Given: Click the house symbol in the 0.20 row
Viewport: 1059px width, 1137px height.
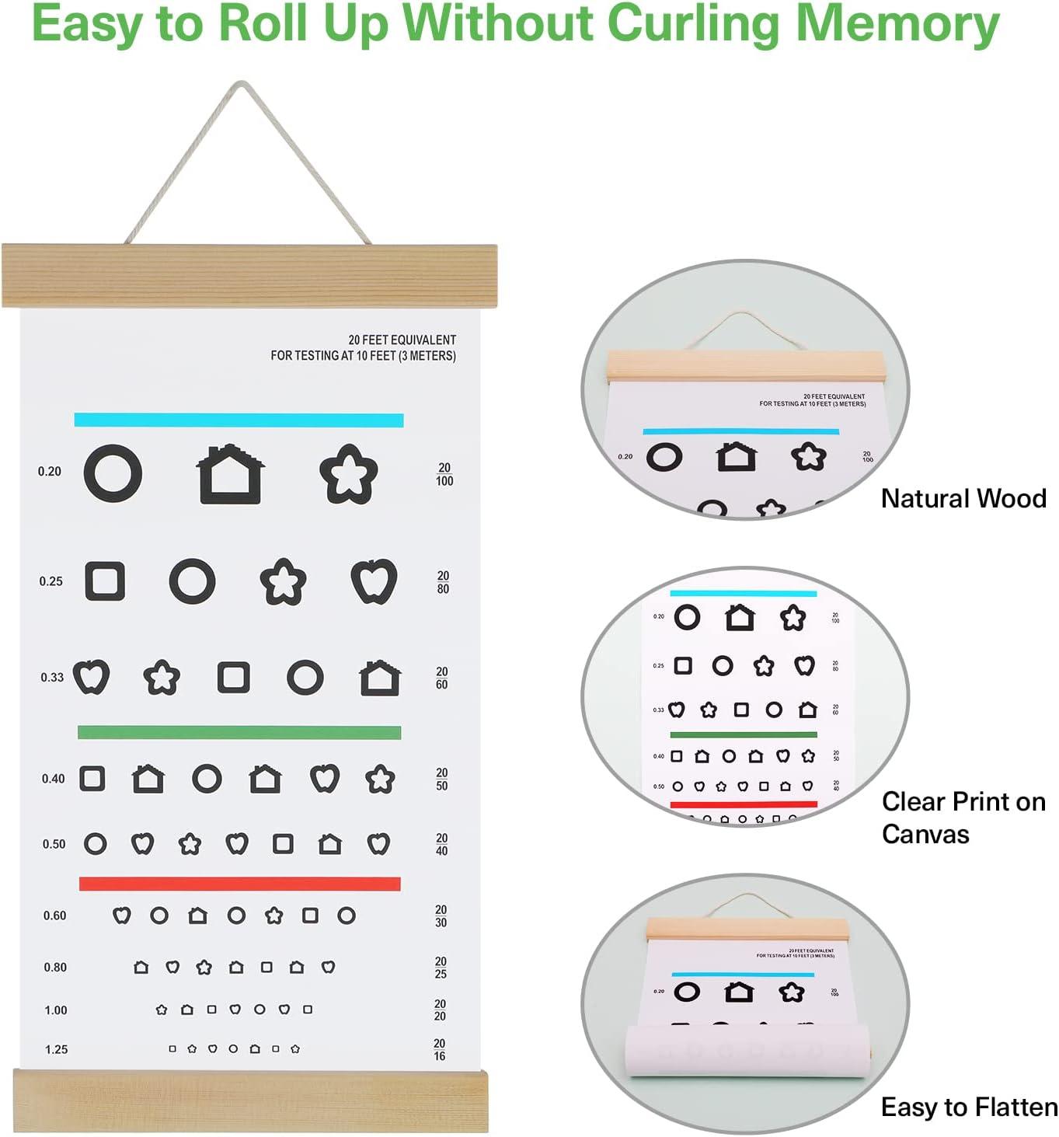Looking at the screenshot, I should click(x=230, y=475).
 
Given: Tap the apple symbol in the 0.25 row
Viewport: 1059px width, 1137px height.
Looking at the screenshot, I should click(x=374, y=581).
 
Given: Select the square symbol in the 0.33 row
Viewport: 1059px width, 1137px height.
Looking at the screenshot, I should click(x=233, y=677).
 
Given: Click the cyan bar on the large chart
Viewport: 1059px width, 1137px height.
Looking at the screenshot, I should click(x=239, y=420).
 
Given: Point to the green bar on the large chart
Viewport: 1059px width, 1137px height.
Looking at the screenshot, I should click(x=239, y=732).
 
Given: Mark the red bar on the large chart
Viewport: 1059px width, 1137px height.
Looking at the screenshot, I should click(x=239, y=884).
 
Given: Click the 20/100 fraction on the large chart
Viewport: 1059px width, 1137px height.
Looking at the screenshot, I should click(x=444, y=474).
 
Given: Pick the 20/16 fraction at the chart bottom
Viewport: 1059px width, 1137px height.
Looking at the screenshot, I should click(x=439, y=1049).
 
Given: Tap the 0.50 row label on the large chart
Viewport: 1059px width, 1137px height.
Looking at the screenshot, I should click(x=54, y=844).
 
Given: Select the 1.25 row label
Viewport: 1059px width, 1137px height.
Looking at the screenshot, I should click(x=56, y=1049).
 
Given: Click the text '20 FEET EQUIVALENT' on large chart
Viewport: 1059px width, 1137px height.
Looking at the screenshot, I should click(x=402, y=340).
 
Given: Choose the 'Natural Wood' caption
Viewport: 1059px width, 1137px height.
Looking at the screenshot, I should click(x=963, y=498).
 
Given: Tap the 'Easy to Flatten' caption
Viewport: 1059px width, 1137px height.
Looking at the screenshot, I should click(x=968, y=1107).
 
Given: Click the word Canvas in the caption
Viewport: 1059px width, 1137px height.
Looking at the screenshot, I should click(x=925, y=835).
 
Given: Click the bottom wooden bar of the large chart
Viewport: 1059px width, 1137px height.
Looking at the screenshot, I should click(x=250, y=1100).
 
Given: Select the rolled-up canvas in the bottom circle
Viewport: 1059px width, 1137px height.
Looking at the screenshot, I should click(x=746, y=1051).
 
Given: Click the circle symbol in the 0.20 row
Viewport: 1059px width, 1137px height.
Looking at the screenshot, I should click(x=113, y=473).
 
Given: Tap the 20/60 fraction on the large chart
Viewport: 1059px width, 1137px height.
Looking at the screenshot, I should click(x=441, y=678).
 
